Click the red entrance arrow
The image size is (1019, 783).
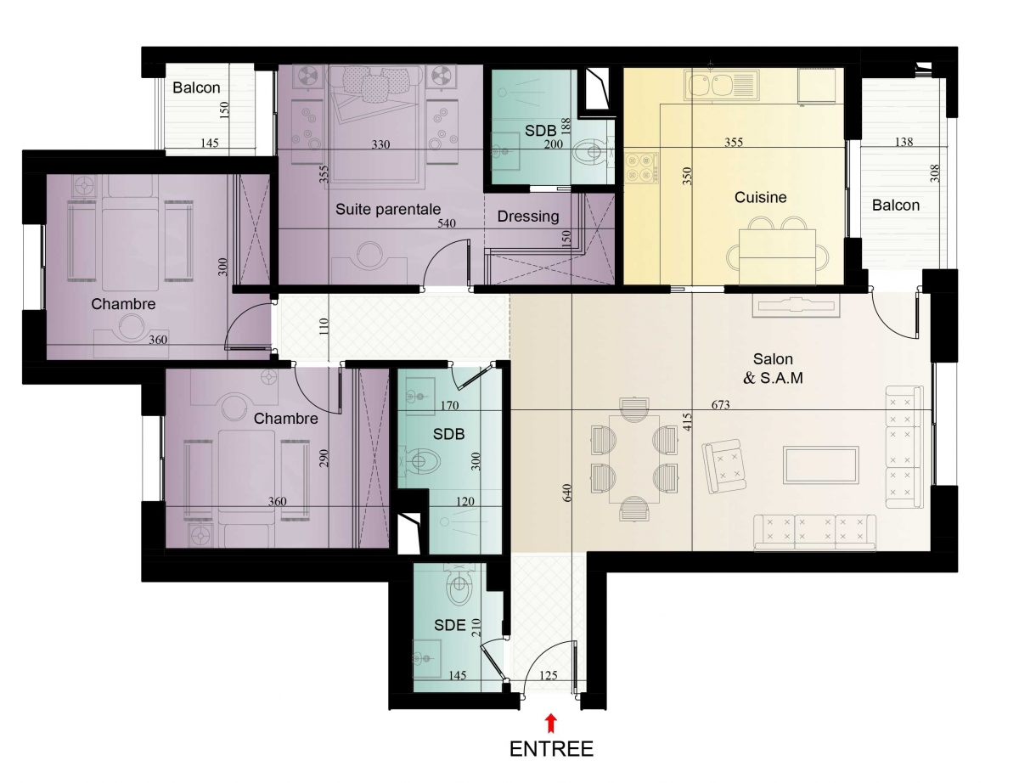tap(551, 723)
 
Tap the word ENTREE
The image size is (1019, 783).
tap(551, 749)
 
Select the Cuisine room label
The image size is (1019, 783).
tap(760, 197)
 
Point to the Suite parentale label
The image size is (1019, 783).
tap(388, 209)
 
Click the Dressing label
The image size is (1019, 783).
tap(528, 217)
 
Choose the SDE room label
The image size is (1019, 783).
tap(450, 625)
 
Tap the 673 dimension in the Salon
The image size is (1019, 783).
tap(720, 404)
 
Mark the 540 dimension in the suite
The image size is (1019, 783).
tap(447, 223)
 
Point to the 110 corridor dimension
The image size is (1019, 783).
tap(324, 327)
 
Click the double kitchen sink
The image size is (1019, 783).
tap(721, 85)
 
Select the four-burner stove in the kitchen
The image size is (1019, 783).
tap(641, 167)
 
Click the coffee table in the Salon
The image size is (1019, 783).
tap(820, 465)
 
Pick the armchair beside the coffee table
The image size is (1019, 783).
tap(723, 465)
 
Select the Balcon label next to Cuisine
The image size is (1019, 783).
tap(895, 206)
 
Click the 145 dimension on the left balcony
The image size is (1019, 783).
tap(209, 143)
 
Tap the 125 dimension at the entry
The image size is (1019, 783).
tap(549, 675)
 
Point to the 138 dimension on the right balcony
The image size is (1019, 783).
tap(904, 141)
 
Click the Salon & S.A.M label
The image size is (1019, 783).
tap(773, 368)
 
